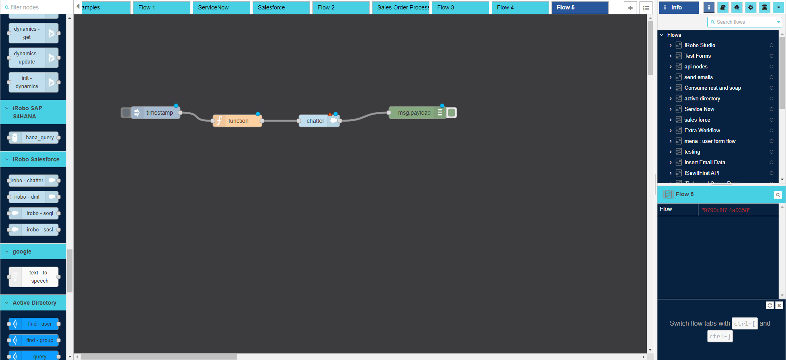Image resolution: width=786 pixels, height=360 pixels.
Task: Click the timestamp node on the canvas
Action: tap(159, 113)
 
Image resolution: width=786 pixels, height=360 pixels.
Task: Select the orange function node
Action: tap(238, 121)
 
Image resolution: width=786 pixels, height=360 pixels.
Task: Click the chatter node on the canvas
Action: tap(315, 121)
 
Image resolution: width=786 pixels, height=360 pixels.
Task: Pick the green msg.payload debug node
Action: tap(414, 113)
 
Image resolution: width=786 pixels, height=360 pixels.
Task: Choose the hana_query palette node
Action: tap(39, 138)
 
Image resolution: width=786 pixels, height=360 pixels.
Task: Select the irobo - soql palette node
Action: tap(39, 213)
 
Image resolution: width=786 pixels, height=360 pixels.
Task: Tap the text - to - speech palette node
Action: tap(39, 277)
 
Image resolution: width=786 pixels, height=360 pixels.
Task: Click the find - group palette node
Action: tap(39, 340)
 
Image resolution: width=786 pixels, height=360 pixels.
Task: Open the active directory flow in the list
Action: tap(702, 98)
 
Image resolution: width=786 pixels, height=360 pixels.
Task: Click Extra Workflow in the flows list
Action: tap(702, 130)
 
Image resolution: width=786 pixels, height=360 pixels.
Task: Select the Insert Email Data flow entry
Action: tap(705, 162)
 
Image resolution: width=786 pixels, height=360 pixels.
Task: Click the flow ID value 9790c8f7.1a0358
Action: tap(726, 210)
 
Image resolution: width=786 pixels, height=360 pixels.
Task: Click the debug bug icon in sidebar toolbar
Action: tap(736, 7)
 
